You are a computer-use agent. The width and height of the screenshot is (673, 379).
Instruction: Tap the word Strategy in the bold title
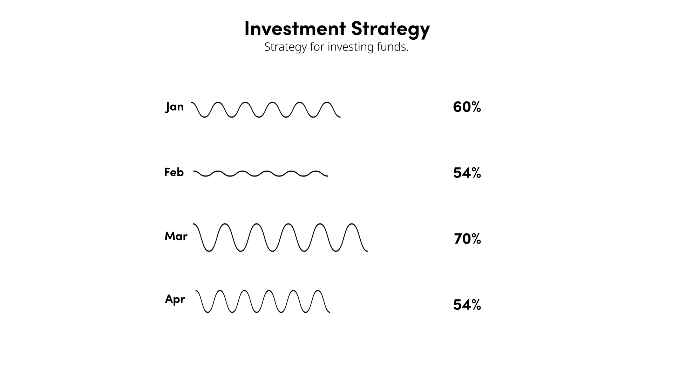tap(390, 29)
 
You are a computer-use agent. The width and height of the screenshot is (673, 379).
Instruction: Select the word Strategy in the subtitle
tap(285, 47)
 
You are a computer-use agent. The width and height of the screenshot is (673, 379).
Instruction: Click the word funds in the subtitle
tap(393, 47)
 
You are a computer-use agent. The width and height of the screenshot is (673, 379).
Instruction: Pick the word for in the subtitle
tap(317, 47)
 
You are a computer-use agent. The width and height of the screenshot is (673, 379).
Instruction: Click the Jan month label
tap(174, 107)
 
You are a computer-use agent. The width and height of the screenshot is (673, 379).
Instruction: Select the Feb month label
tap(174, 172)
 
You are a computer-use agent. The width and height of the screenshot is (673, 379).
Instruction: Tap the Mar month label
tap(176, 236)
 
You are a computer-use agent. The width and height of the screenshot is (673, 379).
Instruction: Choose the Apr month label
tap(175, 299)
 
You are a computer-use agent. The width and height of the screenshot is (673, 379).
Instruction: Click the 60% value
tap(467, 107)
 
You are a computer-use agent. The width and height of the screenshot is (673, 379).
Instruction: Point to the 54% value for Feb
tap(467, 173)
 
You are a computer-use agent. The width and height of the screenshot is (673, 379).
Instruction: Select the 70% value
tap(467, 239)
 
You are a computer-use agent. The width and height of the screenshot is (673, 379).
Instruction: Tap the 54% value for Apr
tap(467, 305)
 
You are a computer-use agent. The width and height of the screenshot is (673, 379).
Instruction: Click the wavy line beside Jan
tap(265, 110)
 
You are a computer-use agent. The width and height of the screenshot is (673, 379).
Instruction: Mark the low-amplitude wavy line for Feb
tap(260, 174)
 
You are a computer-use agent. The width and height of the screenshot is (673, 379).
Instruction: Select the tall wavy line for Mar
tap(280, 238)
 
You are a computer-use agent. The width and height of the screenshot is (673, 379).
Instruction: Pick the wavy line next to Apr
tap(263, 301)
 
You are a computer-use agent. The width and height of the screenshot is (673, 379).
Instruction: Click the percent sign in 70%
tap(476, 239)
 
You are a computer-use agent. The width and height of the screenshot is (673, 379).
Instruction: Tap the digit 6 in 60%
tap(457, 107)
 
